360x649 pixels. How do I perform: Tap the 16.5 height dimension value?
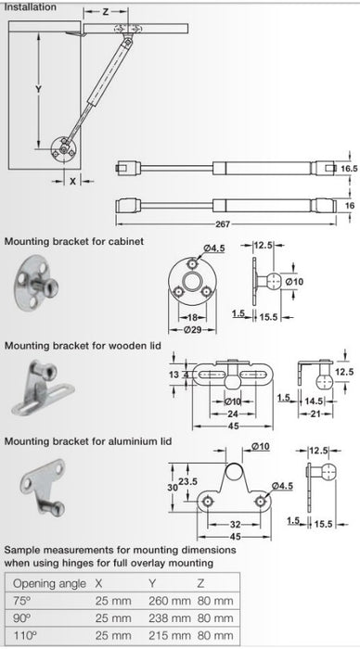(x=348, y=169)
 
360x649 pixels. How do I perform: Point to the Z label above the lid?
(x=106, y=12)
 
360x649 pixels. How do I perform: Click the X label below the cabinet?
(x=73, y=181)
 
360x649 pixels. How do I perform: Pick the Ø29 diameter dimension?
(x=192, y=330)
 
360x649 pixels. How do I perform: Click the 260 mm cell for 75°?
(x=170, y=601)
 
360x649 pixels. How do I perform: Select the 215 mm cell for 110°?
(x=170, y=635)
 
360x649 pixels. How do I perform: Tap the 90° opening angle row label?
(x=22, y=618)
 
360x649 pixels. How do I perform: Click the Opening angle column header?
(x=50, y=584)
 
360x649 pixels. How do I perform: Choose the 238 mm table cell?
(x=170, y=618)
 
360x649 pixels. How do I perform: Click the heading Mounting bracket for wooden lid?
(x=83, y=346)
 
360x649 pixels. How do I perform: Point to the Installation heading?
(x=30, y=7)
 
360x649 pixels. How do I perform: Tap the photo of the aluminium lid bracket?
(x=43, y=486)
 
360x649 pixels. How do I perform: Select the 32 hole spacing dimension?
(x=235, y=525)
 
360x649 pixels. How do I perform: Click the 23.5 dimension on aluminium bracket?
(x=187, y=481)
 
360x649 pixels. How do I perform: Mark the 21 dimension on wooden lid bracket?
(x=315, y=413)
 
